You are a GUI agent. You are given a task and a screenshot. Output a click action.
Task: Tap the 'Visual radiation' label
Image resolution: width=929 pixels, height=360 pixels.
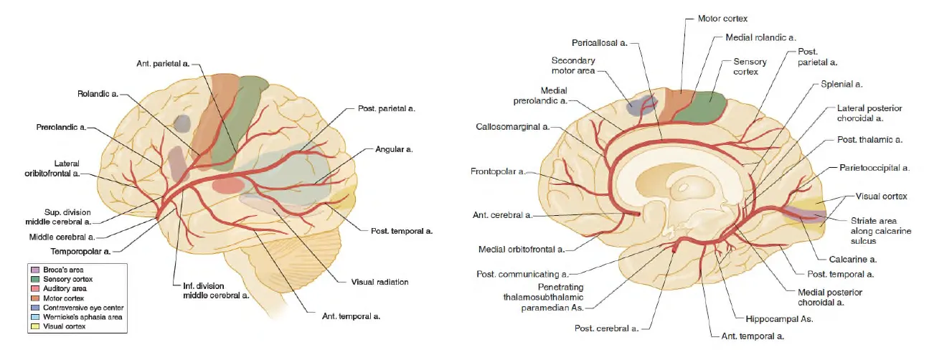coord(379,282)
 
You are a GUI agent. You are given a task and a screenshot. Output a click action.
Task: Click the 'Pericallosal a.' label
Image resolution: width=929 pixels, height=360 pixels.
coord(600,43)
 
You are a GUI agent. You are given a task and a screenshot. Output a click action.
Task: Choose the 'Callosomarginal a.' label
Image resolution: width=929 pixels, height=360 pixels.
coord(512,126)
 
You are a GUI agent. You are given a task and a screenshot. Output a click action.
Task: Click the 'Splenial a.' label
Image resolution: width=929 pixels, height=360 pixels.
coord(841,85)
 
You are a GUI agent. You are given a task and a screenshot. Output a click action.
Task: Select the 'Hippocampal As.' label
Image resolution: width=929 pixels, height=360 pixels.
coord(787,318)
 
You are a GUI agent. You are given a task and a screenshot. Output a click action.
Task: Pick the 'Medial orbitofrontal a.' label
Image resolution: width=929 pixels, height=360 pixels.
coord(522,250)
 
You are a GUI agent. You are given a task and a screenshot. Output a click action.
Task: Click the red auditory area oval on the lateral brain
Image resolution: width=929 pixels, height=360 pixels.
coord(228,185)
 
